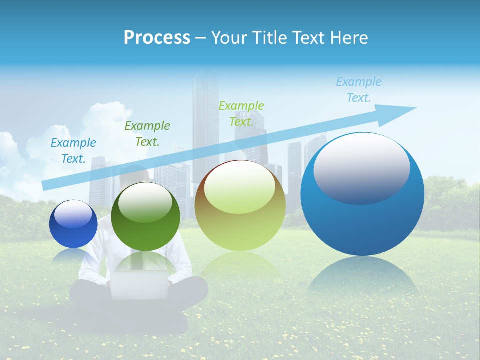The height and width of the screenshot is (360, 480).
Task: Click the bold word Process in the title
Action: [157, 37]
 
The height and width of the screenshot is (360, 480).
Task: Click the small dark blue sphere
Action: [73, 224]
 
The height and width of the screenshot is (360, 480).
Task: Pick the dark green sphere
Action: [145, 217]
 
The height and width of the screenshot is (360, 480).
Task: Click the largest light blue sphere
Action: [362, 195]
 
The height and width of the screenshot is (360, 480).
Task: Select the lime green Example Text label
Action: [241, 113]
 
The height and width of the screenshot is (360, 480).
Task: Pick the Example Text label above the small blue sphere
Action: [73, 151]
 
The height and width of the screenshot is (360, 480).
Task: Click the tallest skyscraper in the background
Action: [206, 130]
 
